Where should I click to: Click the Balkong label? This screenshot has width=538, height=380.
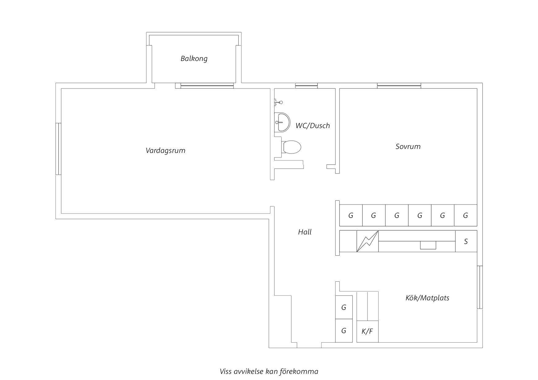(194, 59)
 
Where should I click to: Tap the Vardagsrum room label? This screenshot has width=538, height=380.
(165, 150)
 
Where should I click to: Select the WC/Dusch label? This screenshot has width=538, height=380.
(313, 125)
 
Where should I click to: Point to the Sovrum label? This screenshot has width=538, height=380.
(408, 146)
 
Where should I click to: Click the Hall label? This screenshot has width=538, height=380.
(305, 232)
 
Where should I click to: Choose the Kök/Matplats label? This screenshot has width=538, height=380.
(427, 298)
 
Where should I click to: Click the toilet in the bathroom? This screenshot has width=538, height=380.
(291, 147)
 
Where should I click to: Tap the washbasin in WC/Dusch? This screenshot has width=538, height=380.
(282, 122)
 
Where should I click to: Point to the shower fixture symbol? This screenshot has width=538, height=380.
(279, 102)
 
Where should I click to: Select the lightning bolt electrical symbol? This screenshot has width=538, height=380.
(367, 241)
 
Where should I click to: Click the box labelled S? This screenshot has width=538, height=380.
(466, 241)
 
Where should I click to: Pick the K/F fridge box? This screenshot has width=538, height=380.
(367, 331)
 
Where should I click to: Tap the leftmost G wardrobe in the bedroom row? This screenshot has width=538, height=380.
(351, 215)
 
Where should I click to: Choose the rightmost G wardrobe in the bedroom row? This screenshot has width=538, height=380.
(466, 215)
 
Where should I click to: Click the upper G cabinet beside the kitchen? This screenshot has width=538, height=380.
(344, 307)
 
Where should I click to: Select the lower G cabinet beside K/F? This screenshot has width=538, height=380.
(344, 331)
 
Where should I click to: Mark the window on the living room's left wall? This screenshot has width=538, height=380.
(58, 149)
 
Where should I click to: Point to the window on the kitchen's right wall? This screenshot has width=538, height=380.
(480, 287)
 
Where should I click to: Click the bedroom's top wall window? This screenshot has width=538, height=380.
(399, 85)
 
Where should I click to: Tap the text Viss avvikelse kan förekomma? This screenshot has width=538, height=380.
(269, 371)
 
